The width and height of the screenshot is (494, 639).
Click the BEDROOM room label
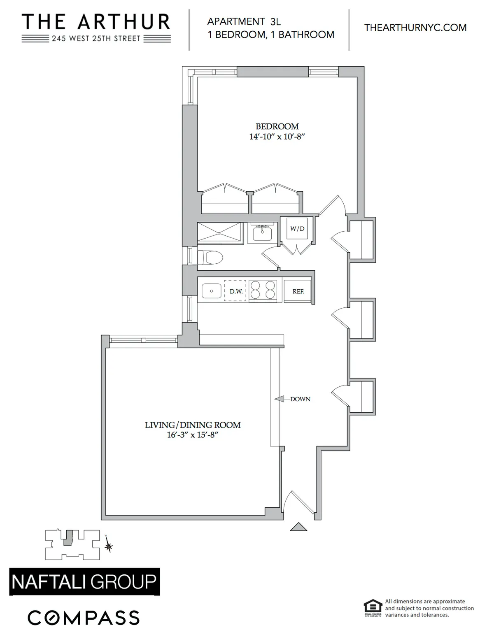tap(277, 126)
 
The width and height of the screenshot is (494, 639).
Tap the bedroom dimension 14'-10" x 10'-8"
tap(277, 137)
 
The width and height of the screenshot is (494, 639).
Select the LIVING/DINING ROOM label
tap(193, 425)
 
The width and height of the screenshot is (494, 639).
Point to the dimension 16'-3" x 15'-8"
tap(192, 435)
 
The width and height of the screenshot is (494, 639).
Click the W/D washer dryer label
tap(297, 229)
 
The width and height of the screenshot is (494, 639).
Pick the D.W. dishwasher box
tap(235, 291)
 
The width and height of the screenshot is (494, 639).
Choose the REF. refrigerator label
tap(298, 291)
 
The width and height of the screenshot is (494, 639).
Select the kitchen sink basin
tap(212, 291)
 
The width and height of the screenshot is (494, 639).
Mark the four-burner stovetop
tap(263, 290)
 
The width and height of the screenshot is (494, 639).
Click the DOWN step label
tap(300, 399)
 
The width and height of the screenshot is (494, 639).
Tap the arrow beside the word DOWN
tap(280, 399)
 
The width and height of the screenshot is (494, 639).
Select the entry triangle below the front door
tap(298, 527)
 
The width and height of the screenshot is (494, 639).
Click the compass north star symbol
tap(109, 546)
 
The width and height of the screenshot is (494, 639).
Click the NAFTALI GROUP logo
tap(84, 582)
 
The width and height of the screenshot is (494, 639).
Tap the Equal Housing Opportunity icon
tap(373, 608)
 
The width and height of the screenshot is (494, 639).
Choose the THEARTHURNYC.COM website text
tap(415, 28)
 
